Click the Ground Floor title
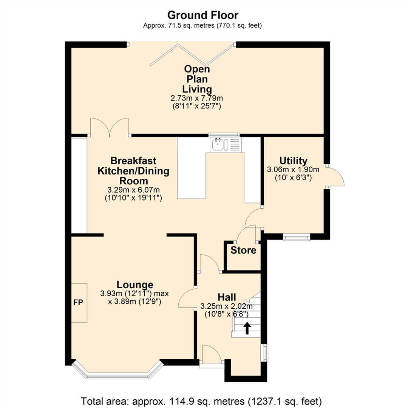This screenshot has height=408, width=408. click(203, 15)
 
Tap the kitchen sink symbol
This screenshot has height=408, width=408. click(226, 145)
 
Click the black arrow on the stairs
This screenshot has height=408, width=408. click(247, 328)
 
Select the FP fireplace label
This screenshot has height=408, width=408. click(78, 302)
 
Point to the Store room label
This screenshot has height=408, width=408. click(243, 250)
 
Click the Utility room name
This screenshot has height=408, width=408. click(293, 161)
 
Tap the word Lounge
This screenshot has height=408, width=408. click(135, 285)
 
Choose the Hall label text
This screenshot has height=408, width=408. click(227, 297)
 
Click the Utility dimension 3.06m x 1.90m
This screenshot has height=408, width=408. click(293, 170)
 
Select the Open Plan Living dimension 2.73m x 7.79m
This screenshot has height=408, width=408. click(197, 98)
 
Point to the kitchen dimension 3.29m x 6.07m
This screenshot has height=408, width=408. click(133, 190)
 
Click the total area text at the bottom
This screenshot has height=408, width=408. click(201, 401)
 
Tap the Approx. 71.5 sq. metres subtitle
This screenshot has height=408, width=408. click(202, 26)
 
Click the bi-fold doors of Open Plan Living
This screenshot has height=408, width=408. click(192, 54)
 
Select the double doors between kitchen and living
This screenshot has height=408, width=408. click(110, 127)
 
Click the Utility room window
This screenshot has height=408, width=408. click(297, 237)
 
